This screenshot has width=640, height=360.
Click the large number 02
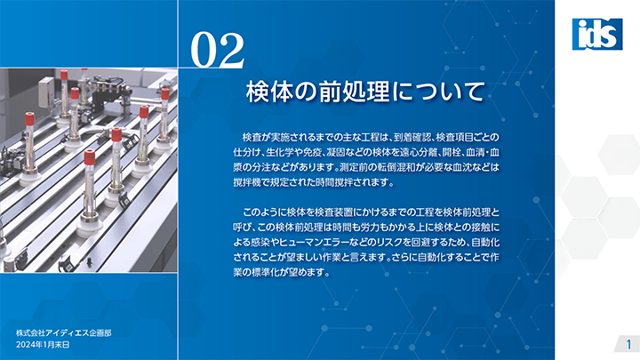pyautogui.click(x=218, y=50)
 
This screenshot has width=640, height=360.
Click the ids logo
pyautogui.click(x=597, y=35)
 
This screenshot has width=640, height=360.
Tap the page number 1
pyautogui.click(x=629, y=344)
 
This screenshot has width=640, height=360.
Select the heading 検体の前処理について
pyautogui.click(x=365, y=92)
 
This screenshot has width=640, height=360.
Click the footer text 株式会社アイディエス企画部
pyautogui.click(x=64, y=333)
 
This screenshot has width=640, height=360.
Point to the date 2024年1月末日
pyautogui.click(x=43, y=345)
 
